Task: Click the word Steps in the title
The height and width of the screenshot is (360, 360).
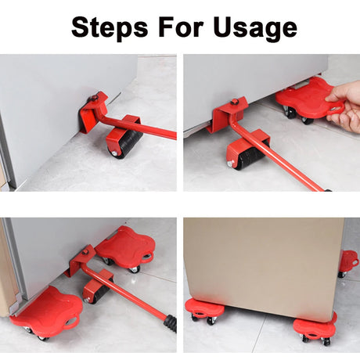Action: click(110, 27)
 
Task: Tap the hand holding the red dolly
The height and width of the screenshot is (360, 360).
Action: click(344, 106)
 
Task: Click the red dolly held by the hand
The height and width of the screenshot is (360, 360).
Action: click(308, 99)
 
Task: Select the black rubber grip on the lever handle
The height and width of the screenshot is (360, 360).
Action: click(171, 323)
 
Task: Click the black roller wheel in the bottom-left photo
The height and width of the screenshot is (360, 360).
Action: click(100, 291)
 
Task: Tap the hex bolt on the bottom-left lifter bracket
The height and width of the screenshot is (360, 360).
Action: click(85, 252)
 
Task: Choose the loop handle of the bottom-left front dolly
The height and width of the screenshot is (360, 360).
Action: click(72, 320)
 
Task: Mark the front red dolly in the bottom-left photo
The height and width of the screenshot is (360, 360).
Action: click(47, 311)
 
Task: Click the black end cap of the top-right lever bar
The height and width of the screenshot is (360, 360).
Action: click(328, 190)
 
